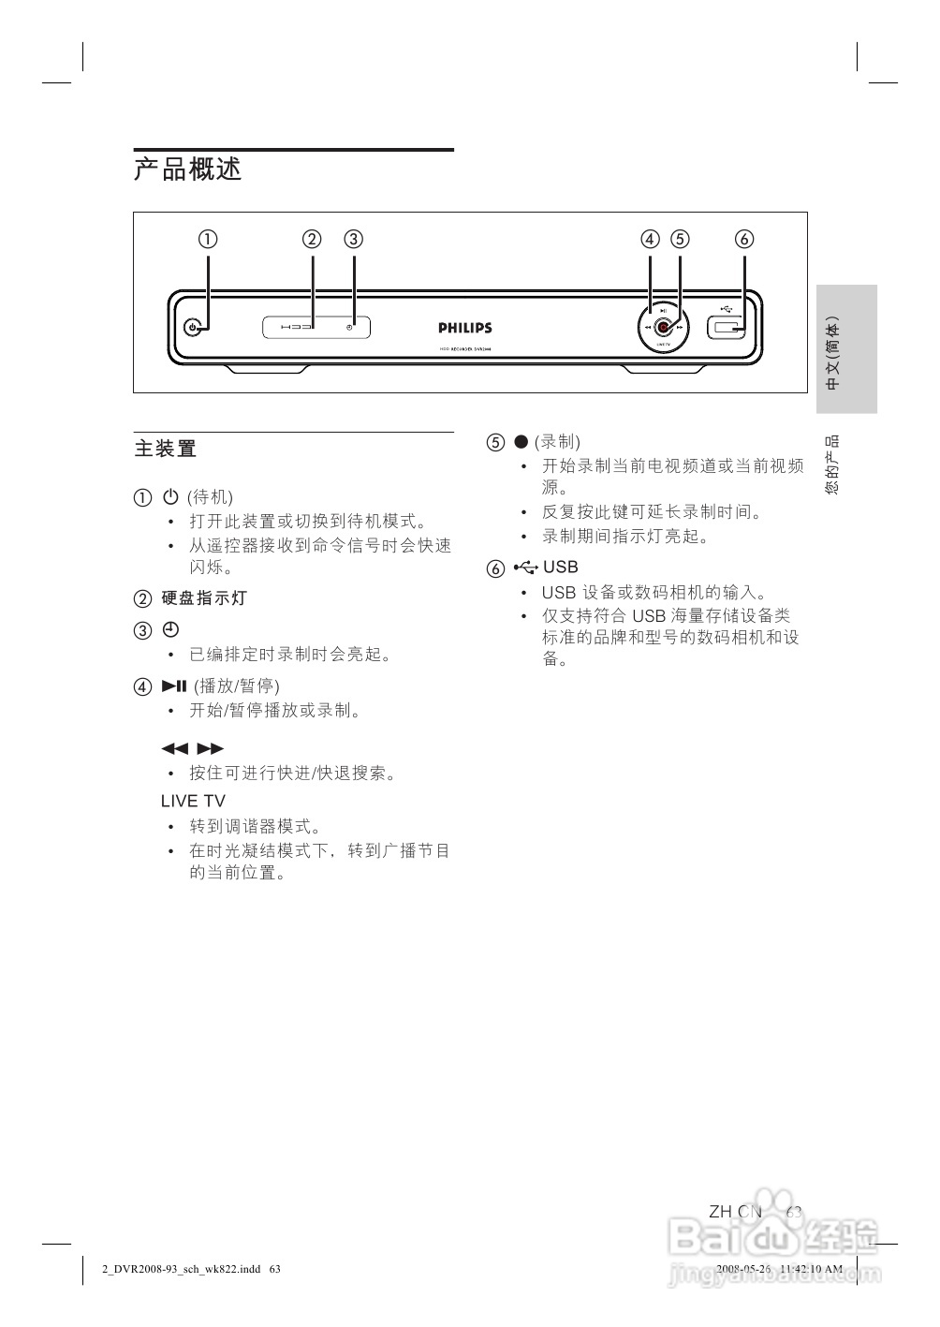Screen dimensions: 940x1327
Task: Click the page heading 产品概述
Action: [188, 170]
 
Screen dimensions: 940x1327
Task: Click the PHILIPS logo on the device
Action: [465, 328]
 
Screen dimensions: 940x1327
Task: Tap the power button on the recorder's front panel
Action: [193, 328]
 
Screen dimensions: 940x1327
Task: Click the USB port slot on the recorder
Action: [727, 328]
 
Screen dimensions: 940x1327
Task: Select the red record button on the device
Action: [663, 328]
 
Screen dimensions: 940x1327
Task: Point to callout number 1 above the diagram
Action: [208, 239]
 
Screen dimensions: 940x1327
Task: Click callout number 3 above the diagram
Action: [353, 239]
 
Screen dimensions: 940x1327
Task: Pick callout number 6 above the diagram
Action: [744, 239]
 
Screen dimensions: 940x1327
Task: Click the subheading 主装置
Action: [166, 450]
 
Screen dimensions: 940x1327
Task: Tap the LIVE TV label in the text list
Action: [193, 802]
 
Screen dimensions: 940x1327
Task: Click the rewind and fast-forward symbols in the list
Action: [193, 748]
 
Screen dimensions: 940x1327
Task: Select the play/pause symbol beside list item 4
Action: [174, 686]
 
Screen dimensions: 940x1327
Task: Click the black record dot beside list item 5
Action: [521, 442]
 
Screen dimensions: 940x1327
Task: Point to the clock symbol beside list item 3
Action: [170, 628]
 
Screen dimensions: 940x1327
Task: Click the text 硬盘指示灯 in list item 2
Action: [204, 598]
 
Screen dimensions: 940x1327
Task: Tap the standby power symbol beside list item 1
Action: [170, 496]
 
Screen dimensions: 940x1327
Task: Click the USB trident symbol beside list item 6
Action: [526, 567]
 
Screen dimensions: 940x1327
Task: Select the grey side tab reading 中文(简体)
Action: [846, 349]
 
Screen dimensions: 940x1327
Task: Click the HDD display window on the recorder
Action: [316, 328]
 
